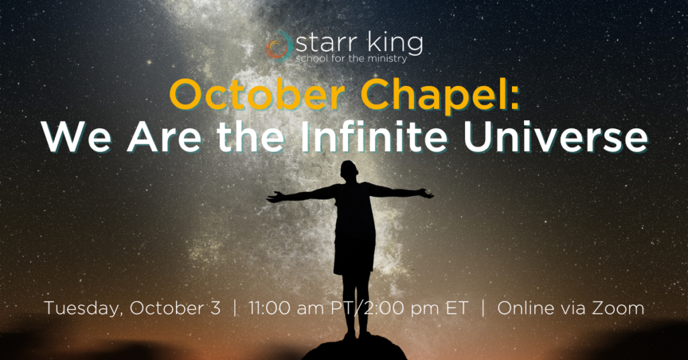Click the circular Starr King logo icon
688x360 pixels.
[279, 46]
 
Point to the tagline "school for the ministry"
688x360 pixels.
[351, 58]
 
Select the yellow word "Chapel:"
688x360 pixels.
[440, 97]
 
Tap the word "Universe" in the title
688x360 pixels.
[556, 137]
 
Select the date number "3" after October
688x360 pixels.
[215, 308]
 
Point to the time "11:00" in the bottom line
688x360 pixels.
[269, 308]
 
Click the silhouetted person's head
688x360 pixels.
[349, 171]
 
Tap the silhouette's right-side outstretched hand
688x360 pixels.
[425, 193]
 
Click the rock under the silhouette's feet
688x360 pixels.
[354, 349]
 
